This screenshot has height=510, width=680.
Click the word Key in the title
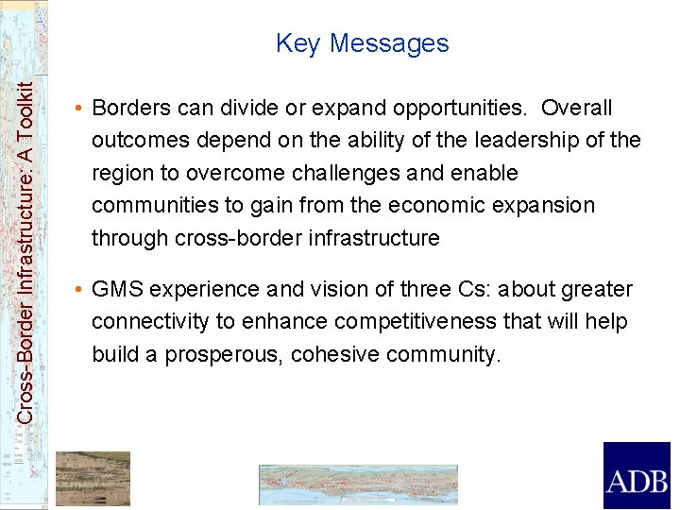click(x=298, y=43)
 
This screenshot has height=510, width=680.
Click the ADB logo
click(x=637, y=476)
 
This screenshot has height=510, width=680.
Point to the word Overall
click(x=576, y=109)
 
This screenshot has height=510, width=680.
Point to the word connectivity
click(x=150, y=321)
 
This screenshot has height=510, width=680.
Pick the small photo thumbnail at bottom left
click(x=93, y=478)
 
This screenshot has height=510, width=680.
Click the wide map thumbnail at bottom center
click(x=358, y=484)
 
